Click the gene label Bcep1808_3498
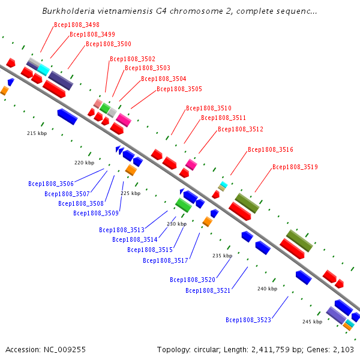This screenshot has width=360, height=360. pyautogui.click(x=77, y=25)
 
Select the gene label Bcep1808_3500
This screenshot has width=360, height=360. pyautogui.click(x=109, y=44)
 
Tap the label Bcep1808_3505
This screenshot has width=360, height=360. pyautogui.click(x=179, y=89)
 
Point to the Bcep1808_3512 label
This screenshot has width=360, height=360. pyautogui.click(x=241, y=129)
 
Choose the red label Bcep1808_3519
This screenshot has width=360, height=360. pyautogui.click(x=295, y=167)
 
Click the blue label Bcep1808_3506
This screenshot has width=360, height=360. pyautogui.click(x=51, y=184)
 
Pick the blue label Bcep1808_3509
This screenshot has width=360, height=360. pyautogui.click(x=96, y=213)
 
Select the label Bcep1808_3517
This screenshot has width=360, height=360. pyautogui.click(x=166, y=260)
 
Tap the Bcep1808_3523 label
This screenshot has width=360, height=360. pyautogui.click(x=248, y=320)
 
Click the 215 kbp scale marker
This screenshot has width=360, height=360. pyautogui.click(x=37, y=133)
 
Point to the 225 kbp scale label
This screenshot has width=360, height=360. pyautogui.click(x=131, y=193)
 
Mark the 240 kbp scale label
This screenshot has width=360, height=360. pyautogui.click(x=267, y=289)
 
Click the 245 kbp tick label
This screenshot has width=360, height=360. pyautogui.click(x=312, y=322)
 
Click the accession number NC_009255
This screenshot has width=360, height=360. pyautogui.click(x=65, y=350)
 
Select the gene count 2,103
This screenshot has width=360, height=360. pyautogui.click(x=343, y=350)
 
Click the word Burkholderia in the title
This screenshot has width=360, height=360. pyautogui.click(x=68, y=11)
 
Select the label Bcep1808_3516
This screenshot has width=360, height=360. pyautogui.click(x=271, y=149)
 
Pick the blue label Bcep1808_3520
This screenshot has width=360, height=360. pyautogui.click(x=193, y=280)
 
